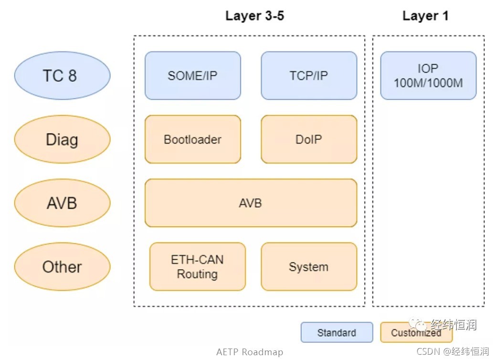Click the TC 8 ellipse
[63, 75]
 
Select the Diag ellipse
[63, 139]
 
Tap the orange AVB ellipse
[63, 203]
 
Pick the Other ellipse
[63, 267]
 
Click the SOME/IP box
[193, 75]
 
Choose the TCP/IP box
[309, 75]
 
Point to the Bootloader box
[193, 139]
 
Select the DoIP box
[309, 139]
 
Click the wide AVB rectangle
[251, 203]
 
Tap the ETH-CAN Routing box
[197, 267]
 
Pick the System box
[309, 267]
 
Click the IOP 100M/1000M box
[428, 75]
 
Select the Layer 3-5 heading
[254, 16]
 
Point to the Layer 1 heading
[425, 16]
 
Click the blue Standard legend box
[337, 332]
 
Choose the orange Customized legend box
[416, 332]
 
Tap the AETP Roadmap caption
[250, 352]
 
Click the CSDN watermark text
[453, 351]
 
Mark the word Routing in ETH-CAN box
[197, 274]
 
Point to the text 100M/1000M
[428, 83]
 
